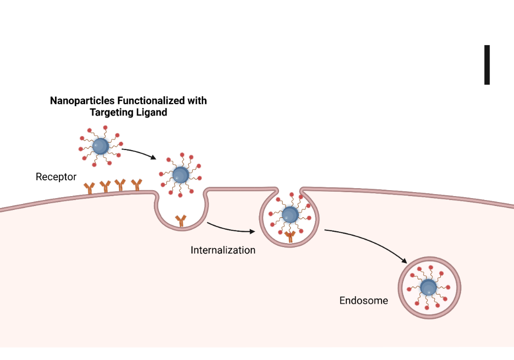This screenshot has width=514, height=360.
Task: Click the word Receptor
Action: pos(56,176)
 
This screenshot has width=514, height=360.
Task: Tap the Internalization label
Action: pos(223,250)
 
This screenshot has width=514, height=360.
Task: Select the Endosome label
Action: pos(364,300)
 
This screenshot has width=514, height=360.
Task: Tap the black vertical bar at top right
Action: pos(487,64)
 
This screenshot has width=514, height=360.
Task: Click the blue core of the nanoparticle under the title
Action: pos(101,146)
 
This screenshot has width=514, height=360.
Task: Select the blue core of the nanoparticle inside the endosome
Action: pos(428,288)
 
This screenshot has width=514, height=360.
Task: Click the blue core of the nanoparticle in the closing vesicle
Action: pos(290,215)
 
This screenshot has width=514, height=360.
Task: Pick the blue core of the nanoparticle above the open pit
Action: pos(181,174)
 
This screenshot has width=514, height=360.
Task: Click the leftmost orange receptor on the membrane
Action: pos(90,188)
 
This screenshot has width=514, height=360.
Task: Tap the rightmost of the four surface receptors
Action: pos(136,185)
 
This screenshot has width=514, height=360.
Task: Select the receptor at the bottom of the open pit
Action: pos(181,220)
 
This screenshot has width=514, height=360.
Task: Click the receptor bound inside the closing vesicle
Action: pos(290,237)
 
